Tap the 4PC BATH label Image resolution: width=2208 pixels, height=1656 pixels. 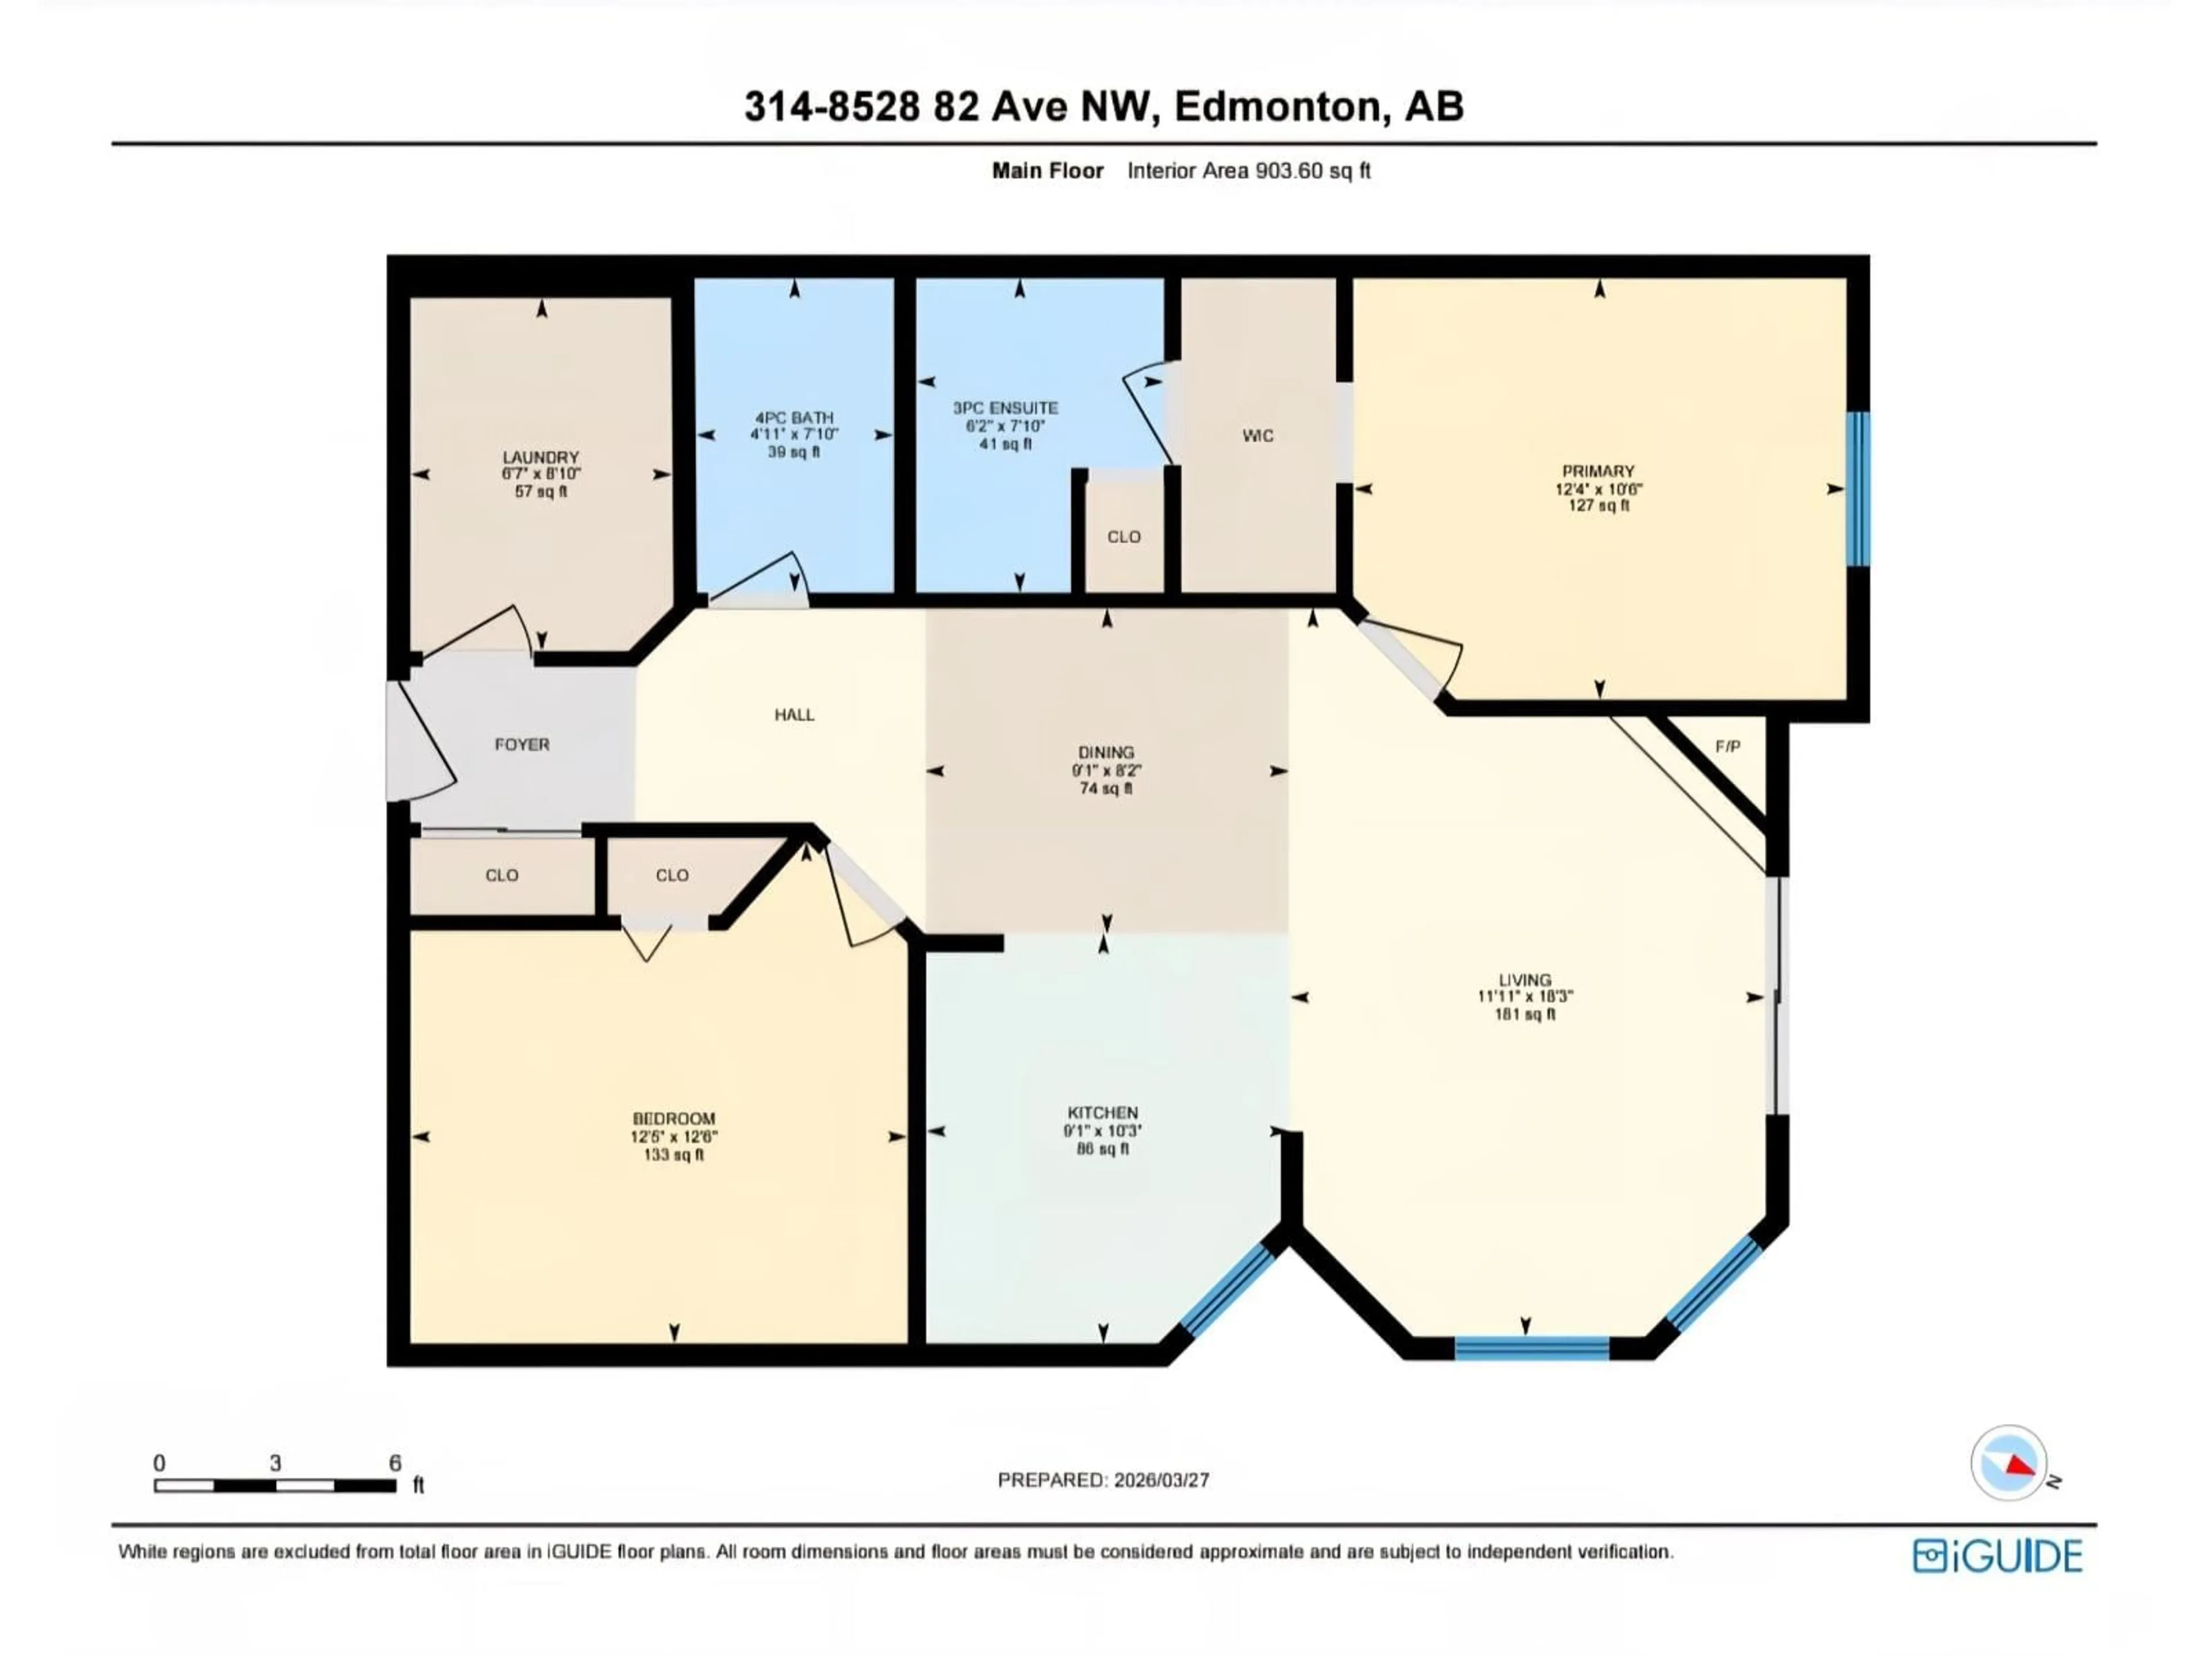click(793, 418)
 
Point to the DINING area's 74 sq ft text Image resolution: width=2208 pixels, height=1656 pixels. click(1105, 788)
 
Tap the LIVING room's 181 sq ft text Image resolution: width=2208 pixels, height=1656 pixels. click(1524, 1014)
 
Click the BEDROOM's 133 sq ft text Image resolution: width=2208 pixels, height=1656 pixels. click(674, 1155)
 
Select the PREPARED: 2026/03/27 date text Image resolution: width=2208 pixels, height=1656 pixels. click(1103, 1480)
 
